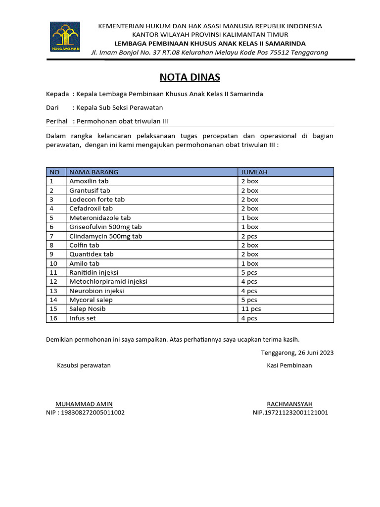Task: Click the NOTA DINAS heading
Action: point(190,77)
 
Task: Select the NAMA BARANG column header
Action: point(94,172)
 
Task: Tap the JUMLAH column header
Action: point(254,172)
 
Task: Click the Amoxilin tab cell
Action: point(89,181)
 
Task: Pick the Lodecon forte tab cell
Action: point(97,200)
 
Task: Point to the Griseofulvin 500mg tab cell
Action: point(105,227)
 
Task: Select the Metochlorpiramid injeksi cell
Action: point(108,282)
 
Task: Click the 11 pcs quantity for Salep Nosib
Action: point(251,309)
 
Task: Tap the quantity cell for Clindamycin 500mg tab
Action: point(249,236)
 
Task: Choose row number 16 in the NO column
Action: point(53,318)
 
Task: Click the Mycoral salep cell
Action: point(91,300)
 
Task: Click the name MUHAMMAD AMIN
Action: point(84,404)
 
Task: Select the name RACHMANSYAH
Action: point(289,404)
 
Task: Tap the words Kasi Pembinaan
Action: point(289,365)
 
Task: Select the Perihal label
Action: point(56,121)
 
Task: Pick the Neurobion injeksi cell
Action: point(96,291)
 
